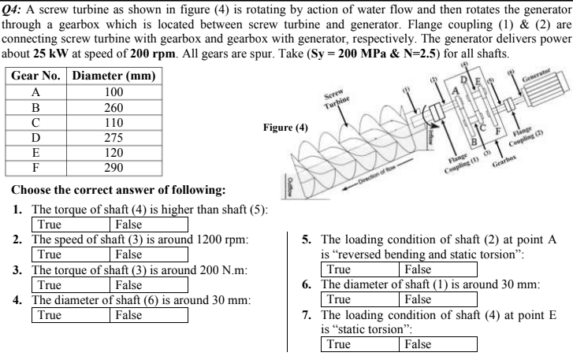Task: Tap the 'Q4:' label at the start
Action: pyautogui.click(x=15, y=6)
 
